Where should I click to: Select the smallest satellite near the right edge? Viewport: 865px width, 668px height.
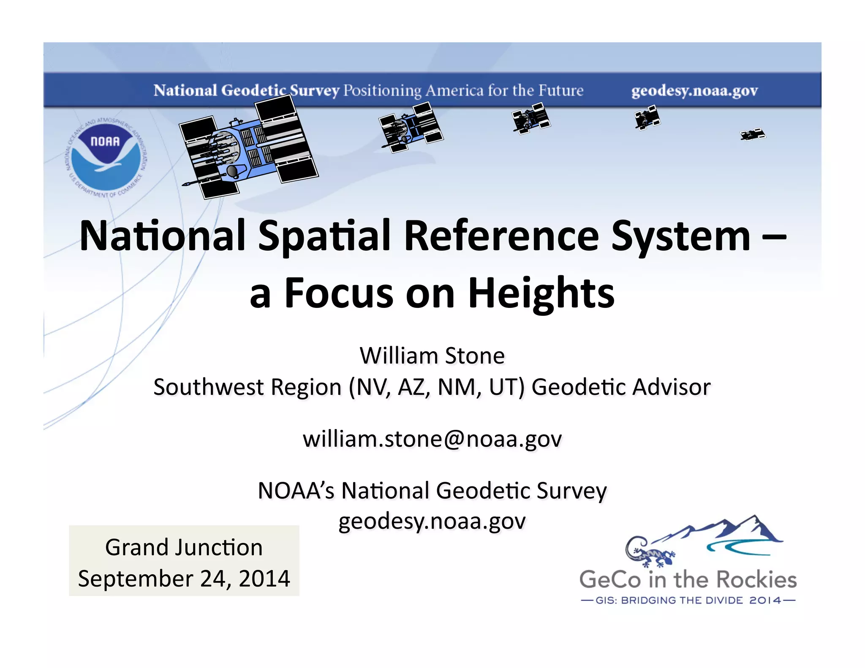[x=753, y=135]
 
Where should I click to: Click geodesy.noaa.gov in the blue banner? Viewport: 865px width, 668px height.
[x=694, y=90]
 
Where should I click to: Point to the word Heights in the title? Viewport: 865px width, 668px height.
[x=541, y=293]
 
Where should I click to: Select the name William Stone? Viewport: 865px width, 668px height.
[x=432, y=356]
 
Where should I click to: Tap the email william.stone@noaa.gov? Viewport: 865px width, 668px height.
[x=432, y=439]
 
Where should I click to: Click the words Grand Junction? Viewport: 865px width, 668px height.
[x=184, y=547]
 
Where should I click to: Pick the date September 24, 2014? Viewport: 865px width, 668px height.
[x=184, y=578]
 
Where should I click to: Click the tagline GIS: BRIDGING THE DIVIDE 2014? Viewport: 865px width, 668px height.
[x=688, y=600]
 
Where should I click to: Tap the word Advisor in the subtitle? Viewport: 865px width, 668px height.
[x=671, y=387]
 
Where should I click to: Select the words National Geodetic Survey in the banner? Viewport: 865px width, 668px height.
[x=246, y=90]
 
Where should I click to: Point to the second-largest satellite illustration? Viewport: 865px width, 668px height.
[x=411, y=127]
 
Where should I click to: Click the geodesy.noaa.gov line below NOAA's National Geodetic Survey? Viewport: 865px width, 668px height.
[x=432, y=521]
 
